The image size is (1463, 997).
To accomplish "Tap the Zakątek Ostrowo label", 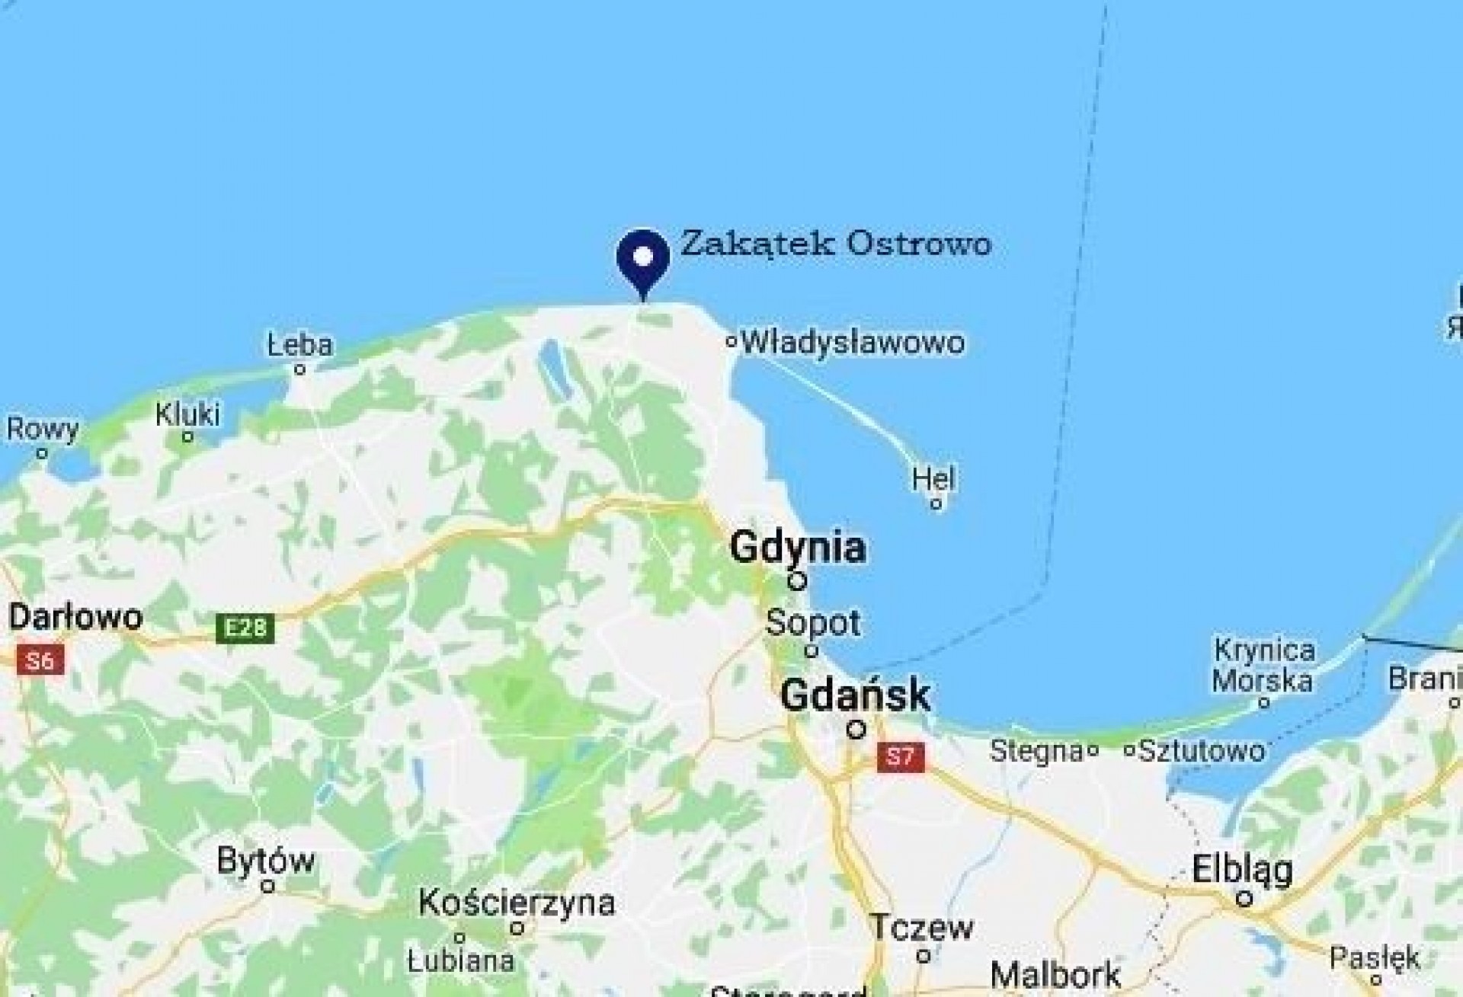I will [x=835, y=244].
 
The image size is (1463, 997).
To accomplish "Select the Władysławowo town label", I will [x=852, y=342].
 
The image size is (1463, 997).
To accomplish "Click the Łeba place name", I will [x=300, y=345].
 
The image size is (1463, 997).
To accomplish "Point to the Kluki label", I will [x=187, y=414].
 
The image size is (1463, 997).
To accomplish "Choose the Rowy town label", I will [x=43, y=430].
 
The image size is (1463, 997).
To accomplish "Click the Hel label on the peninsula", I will [x=933, y=479].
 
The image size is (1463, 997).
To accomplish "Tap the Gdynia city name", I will [x=798, y=548].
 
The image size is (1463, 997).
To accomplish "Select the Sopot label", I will [x=813, y=622].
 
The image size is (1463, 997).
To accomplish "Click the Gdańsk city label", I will [x=856, y=695].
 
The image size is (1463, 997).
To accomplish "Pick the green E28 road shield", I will [x=245, y=628].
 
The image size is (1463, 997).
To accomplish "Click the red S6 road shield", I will [x=40, y=660].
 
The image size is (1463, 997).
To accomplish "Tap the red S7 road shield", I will [x=900, y=756].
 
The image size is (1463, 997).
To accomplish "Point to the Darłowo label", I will [x=75, y=616].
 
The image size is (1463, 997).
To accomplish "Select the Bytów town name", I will [x=266, y=861].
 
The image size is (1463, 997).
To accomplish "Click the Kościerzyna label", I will [x=517, y=903].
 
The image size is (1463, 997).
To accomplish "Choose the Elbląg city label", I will [x=1242, y=870].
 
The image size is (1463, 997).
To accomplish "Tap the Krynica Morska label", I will [x=1263, y=665].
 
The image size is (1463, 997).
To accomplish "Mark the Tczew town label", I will [x=922, y=928].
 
